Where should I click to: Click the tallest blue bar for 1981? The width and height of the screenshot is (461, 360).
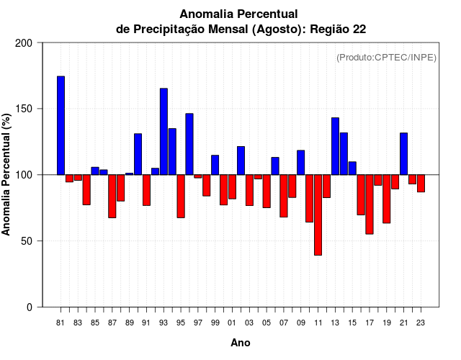(61, 125)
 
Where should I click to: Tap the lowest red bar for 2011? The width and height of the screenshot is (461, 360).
(318, 215)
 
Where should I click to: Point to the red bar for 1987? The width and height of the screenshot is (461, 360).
(112, 196)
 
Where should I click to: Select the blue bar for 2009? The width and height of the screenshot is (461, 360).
(300, 162)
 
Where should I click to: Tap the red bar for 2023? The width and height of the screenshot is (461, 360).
(421, 183)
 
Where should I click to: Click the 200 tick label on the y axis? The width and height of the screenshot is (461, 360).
(24, 43)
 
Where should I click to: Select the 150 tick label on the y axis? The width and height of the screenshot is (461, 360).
(24, 109)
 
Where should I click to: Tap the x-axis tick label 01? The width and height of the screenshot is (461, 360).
(232, 323)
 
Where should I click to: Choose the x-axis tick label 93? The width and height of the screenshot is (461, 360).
(164, 323)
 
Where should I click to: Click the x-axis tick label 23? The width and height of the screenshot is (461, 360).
(421, 323)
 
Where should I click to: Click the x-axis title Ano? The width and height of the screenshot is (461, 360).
(241, 343)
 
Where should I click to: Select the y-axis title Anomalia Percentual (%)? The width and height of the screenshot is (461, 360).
(7, 174)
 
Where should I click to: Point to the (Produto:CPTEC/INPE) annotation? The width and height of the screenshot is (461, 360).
(386, 57)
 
